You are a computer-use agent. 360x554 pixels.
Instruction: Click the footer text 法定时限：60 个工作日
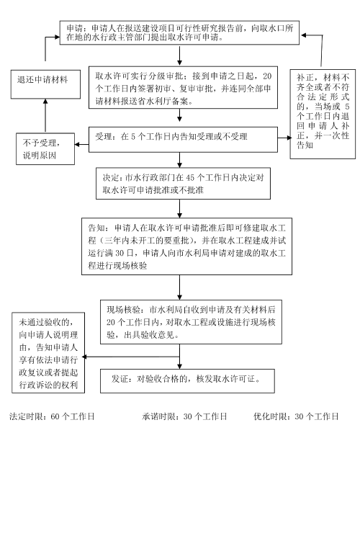point(52,416)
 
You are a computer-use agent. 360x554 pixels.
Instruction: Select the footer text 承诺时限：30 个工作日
point(184,416)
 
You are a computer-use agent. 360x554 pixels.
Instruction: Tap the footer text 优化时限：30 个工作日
point(296,416)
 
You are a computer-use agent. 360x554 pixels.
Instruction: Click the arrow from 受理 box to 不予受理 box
point(81,144)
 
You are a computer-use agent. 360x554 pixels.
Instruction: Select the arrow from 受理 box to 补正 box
point(284,138)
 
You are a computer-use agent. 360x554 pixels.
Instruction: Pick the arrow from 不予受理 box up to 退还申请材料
point(45,116)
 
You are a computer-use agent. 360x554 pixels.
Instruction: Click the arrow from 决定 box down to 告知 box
point(180,208)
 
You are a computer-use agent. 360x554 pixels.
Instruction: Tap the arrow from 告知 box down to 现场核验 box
point(180,287)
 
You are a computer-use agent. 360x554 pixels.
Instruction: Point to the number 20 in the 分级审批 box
point(267,76)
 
